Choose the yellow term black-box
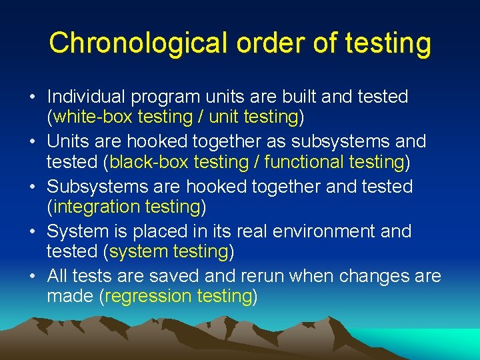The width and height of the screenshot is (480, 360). pos(145,162)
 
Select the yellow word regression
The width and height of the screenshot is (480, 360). pos(147,297)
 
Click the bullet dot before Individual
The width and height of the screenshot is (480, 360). pos(32,97)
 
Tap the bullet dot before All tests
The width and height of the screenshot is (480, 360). pos(32,276)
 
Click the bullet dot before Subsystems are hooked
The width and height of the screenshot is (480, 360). pos(32,187)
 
